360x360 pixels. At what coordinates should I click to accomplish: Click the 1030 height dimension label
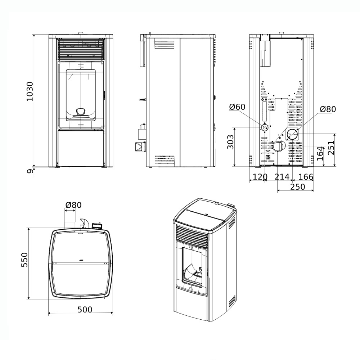coord(30,91)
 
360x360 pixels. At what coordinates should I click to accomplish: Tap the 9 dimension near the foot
coord(30,171)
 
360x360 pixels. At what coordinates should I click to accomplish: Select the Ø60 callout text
coord(237,107)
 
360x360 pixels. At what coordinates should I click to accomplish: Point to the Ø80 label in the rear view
coord(328,109)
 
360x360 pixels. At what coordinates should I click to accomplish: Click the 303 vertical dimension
coord(230,142)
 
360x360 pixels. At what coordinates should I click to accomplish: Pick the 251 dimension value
coord(331,147)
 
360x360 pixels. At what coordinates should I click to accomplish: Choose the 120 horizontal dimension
coord(260,177)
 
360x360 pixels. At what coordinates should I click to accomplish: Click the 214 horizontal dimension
coord(282,177)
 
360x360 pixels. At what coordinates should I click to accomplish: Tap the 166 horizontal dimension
coord(306,177)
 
